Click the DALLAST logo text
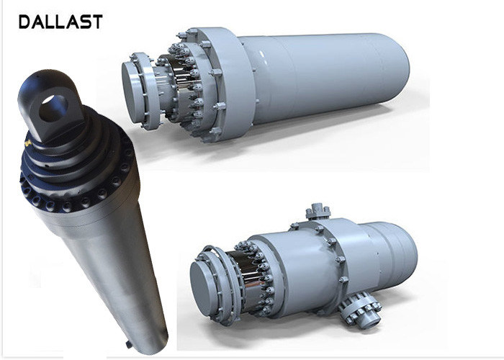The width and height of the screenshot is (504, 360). click(60, 22)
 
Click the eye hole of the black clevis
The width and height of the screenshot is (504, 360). click(53, 108)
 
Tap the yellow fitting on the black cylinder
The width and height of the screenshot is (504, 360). click(28, 143)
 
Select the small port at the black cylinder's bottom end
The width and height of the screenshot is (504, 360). click(129, 344)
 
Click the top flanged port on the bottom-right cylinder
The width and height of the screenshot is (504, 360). click(318, 212)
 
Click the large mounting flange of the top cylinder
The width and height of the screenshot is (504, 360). click(228, 84)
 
